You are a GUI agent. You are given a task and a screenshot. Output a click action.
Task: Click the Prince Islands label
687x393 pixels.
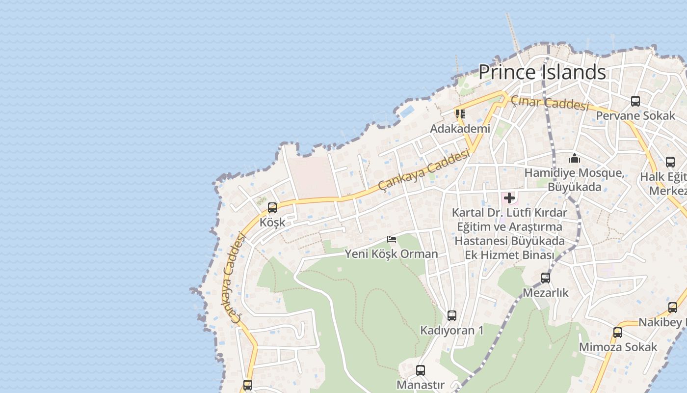tap(542, 72)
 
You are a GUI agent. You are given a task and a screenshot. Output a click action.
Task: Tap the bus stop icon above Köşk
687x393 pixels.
tap(272, 208)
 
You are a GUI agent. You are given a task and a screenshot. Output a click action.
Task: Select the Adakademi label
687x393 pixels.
tap(460, 129)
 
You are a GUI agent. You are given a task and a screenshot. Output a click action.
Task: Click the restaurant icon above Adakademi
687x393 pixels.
tap(460, 114)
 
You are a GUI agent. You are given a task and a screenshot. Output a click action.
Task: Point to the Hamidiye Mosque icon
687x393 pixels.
tap(575, 158)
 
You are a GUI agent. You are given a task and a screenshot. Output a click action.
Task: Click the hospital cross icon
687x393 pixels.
tap(509, 198)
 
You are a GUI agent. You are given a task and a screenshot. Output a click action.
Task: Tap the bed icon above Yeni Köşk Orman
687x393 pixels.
tap(392, 239)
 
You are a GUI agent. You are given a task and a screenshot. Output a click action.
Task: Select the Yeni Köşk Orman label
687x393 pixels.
tap(391, 254)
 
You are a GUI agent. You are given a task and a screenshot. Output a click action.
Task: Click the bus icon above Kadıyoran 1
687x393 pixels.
tap(452, 316)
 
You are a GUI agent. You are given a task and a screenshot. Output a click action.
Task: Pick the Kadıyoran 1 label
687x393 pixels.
tap(451, 330)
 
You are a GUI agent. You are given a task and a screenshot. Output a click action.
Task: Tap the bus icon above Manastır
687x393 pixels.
tap(421, 370)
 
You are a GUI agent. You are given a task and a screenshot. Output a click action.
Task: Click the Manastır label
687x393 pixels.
tap(421, 385)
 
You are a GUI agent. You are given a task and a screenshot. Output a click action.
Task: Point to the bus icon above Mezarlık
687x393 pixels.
tap(545, 278)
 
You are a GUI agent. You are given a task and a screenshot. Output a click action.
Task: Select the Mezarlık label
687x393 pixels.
tap(545, 293)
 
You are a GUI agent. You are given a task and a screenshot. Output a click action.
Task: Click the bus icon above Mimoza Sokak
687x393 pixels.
tap(618, 333)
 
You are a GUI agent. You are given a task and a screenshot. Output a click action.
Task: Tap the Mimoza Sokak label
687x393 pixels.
tap(618, 347)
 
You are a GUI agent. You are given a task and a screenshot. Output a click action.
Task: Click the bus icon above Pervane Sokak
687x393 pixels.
tap(635, 101)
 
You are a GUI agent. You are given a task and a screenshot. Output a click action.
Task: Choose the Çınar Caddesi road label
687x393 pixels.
tap(549, 103)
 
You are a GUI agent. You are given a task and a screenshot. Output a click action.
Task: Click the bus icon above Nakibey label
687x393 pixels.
tap(673, 308)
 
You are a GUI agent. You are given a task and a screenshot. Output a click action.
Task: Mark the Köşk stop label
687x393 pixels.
tap(272, 222)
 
